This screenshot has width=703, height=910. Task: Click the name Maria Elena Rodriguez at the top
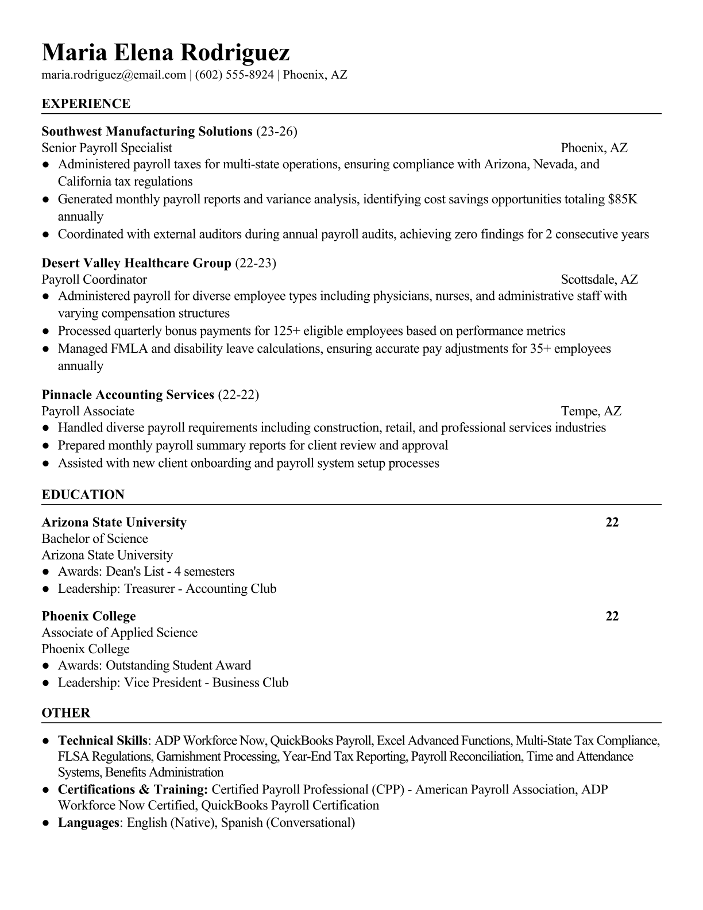tap(165, 53)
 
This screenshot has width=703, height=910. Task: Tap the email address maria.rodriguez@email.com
tap(114, 75)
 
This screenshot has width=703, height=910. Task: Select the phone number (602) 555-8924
tap(234, 75)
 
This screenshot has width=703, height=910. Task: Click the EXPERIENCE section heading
tap(86, 104)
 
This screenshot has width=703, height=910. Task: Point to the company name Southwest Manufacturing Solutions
tap(147, 132)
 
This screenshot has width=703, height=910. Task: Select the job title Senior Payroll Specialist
tap(107, 148)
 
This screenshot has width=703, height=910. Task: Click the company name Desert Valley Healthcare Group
tap(136, 263)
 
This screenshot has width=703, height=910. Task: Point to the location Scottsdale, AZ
tap(599, 280)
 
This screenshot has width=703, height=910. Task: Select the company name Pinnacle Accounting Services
tap(128, 395)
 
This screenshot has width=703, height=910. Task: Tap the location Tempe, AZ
tap(591, 411)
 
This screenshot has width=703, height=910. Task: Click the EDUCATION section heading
tap(83, 495)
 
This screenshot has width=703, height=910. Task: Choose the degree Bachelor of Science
tap(95, 539)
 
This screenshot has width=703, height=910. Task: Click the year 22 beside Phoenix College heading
tap(612, 616)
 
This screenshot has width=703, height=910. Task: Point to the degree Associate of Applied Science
tap(119, 633)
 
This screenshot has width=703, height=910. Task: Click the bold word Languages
tap(88, 823)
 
